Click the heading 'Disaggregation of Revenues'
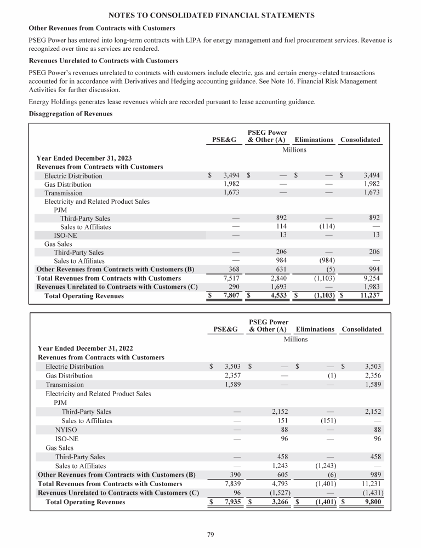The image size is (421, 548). [x=70, y=113]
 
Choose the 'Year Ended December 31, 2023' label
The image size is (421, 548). [x=84, y=158]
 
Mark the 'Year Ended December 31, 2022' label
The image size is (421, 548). [x=85, y=348]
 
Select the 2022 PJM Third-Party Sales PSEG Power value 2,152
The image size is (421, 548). [x=276, y=411]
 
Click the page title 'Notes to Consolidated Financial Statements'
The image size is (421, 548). [x=210, y=15]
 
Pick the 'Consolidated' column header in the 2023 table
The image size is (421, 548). [x=360, y=140]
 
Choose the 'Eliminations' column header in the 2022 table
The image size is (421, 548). [x=315, y=329]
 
